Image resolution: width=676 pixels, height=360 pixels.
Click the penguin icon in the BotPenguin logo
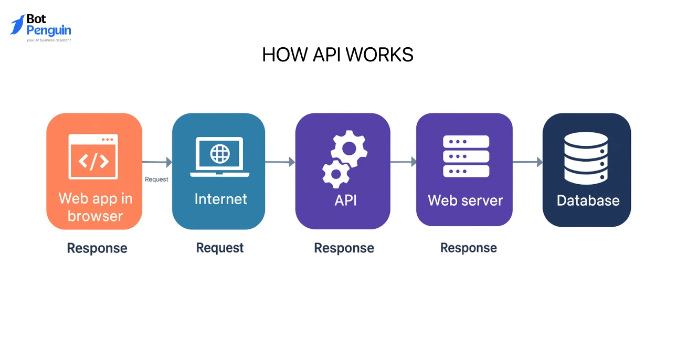17,25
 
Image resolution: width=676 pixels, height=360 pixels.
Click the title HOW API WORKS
337,55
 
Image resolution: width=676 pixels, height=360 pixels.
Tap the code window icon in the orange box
93,156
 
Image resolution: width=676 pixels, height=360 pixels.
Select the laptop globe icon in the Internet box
219,156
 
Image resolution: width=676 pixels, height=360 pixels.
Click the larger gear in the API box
348,147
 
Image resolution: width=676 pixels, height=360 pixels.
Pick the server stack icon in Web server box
466,156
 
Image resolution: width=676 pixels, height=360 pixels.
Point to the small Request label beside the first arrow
156,179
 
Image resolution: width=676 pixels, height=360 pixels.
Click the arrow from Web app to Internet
157,163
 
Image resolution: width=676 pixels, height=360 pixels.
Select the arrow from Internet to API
280,162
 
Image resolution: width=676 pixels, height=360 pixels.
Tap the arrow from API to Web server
403,162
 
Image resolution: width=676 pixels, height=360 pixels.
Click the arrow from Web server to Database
527,162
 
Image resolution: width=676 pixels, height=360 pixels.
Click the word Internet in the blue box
220,199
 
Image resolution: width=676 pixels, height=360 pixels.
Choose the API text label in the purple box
345,200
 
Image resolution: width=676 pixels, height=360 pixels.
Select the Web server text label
465,200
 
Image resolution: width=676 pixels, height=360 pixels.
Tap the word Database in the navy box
588,200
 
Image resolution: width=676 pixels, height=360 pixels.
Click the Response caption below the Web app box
97,248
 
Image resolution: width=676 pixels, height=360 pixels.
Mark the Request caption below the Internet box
220,248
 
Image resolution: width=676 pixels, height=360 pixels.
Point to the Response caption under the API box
344,248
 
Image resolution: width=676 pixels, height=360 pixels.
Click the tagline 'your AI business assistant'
48,40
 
